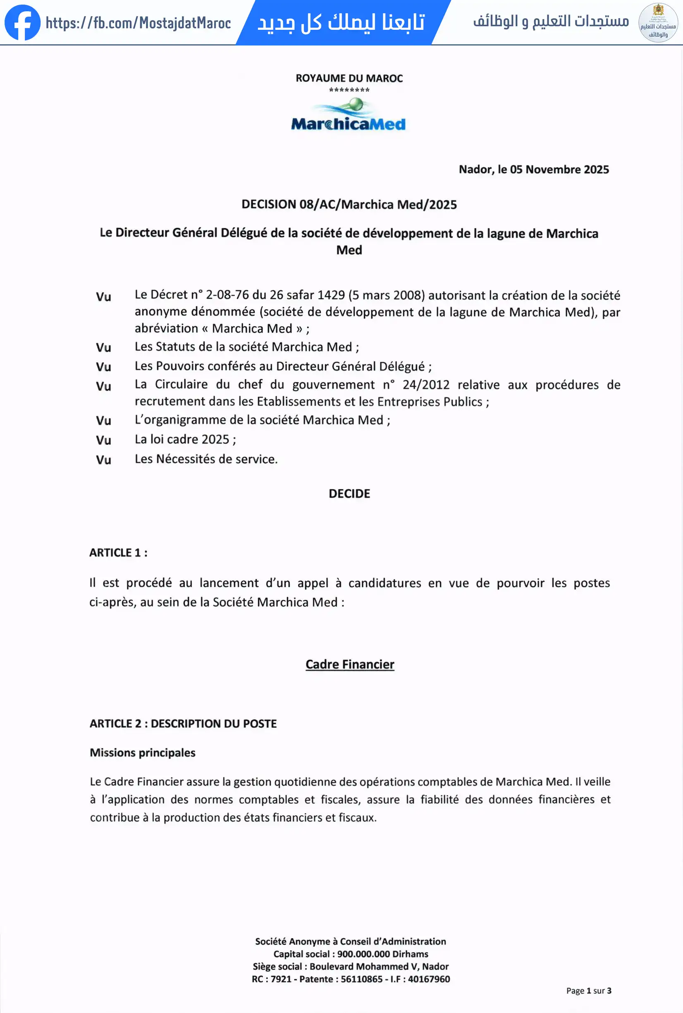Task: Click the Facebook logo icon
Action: coord(22,22)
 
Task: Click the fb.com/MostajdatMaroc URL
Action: coord(138,23)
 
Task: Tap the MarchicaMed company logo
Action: coord(349,115)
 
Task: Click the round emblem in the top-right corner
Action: coord(658,23)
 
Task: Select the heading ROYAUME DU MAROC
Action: coord(349,79)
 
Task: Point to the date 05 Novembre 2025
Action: coord(559,170)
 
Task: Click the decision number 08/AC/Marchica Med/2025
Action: coord(377,205)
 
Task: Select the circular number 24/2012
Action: coord(425,385)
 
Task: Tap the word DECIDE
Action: coord(349,493)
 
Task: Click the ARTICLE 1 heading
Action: coord(118,553)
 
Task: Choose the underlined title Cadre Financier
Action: coord(350,664)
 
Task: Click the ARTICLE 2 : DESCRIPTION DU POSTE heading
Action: coord(183,724)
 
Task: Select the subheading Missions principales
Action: coord(143,753)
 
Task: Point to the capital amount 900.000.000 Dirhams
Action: coord(382,954)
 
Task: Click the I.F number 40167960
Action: coord(429,979)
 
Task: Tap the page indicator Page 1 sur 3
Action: coord(588,991)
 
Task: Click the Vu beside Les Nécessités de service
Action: coord(103,460)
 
